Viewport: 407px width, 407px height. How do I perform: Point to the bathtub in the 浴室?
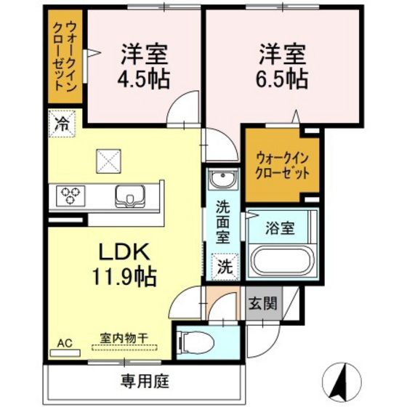pos(283,259)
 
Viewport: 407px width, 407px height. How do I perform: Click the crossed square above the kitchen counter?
pos(108,161)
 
